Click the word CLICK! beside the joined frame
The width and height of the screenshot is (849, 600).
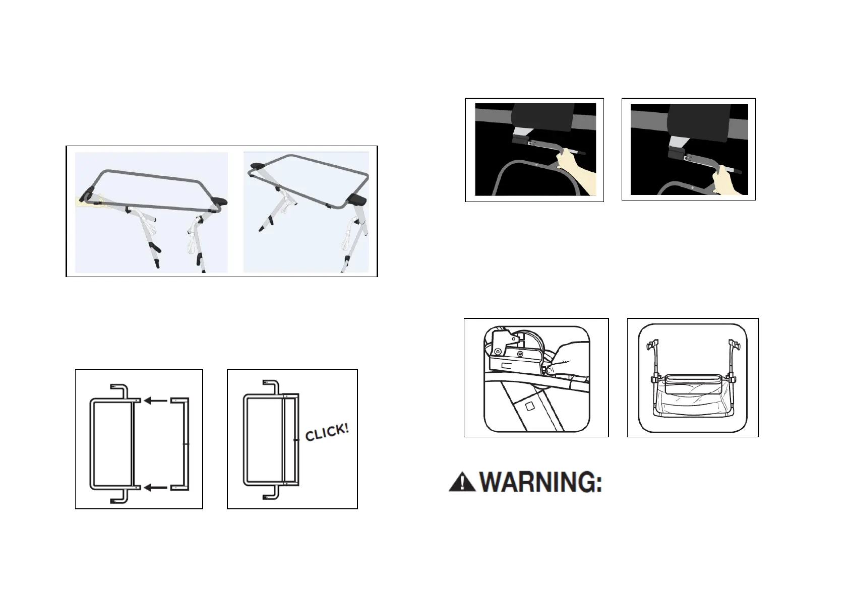[x=327, y=432]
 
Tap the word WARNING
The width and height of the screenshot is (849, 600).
[x=540, y=484]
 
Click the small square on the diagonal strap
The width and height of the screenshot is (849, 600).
[x=530, y=405]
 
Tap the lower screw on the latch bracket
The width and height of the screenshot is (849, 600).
[x=498, y=351]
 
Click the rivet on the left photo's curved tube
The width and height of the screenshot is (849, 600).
[x=538, y=164]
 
